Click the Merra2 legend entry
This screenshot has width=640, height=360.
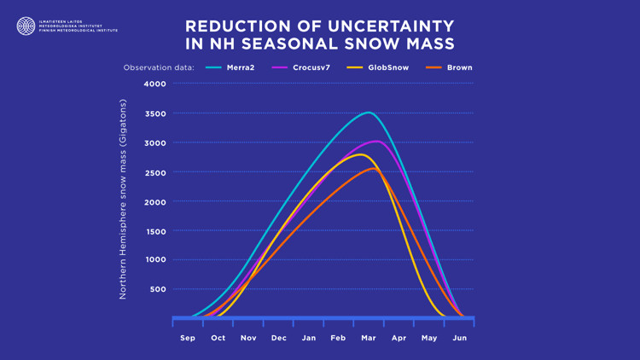[x=240, y=67]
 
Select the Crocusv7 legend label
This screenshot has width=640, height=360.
[x=311, y=67]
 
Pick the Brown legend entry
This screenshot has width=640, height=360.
[x=459, y=67]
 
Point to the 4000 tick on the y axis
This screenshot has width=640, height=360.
[x=155, y=84]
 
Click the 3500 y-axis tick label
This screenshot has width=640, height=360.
[x=155, y=113]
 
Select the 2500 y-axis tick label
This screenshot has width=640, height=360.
[x=155, y=172]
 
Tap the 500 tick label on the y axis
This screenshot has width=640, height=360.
[x=158, y=290]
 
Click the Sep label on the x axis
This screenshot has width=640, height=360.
[x=188, y=338]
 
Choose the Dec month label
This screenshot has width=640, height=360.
[x=278, y=338]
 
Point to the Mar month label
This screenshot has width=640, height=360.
[x=369, y=338]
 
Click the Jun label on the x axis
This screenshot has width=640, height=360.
[x=459, y=338]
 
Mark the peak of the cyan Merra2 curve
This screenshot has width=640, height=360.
[x=368, y=113]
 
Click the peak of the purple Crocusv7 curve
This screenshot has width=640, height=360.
[x=376, y=142]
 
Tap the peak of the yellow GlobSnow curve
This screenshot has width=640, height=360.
[x=360, y=154]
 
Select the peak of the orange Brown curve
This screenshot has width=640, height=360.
[x=370, y=169]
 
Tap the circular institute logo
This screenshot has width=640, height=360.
[x=26, y=26]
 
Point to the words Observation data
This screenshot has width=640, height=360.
[x=159, y=67]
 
